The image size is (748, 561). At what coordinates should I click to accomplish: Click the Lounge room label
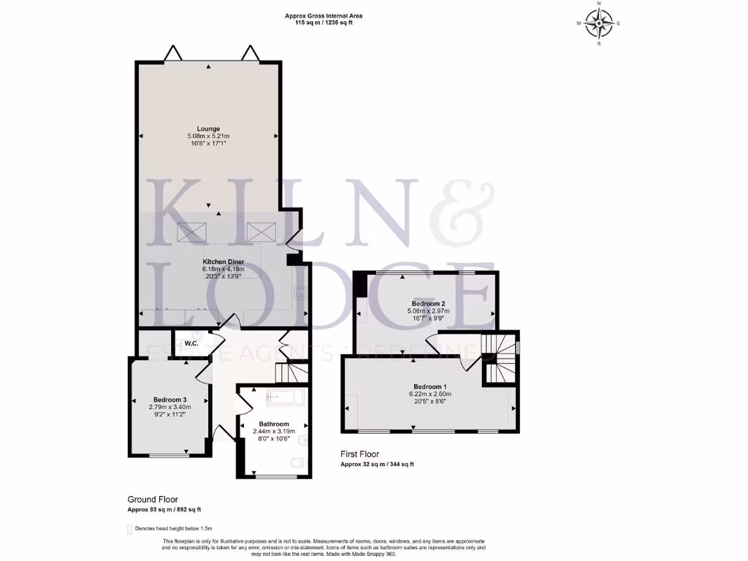(x=208, y=129)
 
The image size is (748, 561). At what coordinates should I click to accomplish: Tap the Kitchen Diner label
(x=223, y=262)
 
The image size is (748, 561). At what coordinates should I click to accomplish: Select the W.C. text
(x=192, y=343)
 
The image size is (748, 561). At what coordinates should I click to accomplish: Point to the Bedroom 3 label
(x=169, y=400)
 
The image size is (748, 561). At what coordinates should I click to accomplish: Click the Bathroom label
(x=274, y=424)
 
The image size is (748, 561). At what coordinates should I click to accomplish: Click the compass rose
(x=599, y=24)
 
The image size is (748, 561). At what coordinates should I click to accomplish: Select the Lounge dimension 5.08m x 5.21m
(x=208, y=137)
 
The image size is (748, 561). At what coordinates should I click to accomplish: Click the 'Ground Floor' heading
(x=153, y=500)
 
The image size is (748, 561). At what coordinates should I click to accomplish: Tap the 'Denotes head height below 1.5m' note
(x=172, y=528)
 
